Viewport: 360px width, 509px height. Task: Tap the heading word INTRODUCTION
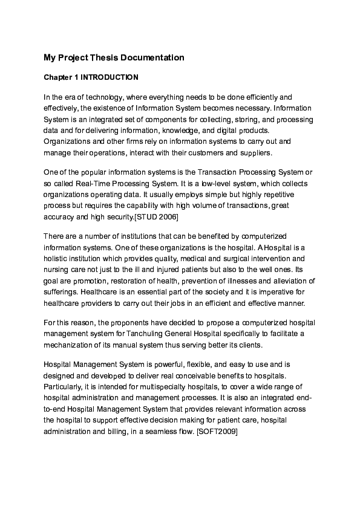point(110,78)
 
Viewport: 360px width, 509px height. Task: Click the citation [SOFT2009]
point(218,432)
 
